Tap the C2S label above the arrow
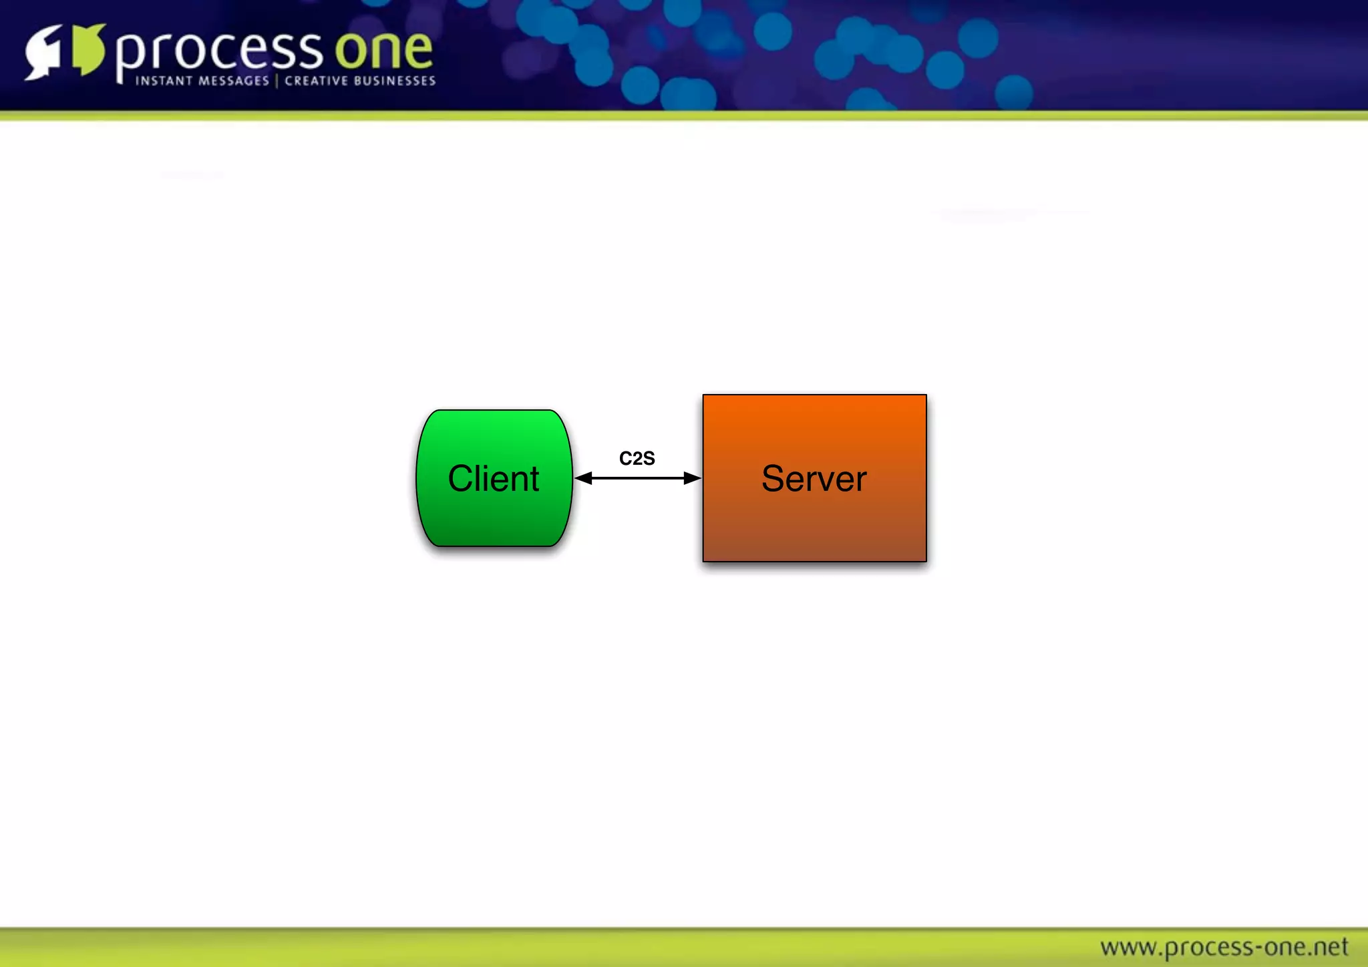tap(637, 459)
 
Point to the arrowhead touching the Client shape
tap(584, 478)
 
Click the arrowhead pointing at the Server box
tap(692, 478)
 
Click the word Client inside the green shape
tap(493, 479)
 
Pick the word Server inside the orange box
tap(814, 479)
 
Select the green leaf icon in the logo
tap(88, 49)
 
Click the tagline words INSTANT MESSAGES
tap(202, 81)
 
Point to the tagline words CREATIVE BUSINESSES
tap(360, 81)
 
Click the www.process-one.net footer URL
tap(1224, 947)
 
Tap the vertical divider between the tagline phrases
tap(277, 81)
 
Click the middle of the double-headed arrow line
tap(638, 478)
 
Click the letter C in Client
tap(460, 479)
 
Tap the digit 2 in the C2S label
tap(637, 459)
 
